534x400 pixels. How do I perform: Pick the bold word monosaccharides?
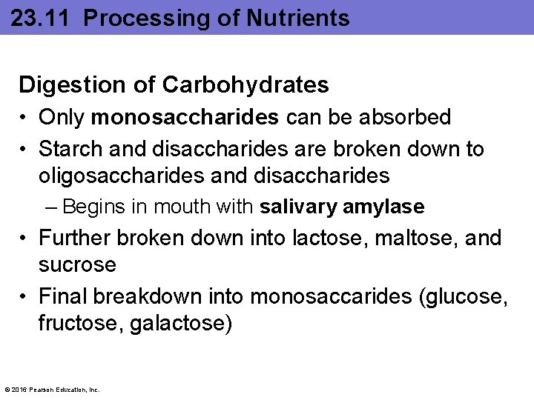[x=185, y=117]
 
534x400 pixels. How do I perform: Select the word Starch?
[x=71, y=149]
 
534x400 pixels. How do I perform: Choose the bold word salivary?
[x=299, y=207]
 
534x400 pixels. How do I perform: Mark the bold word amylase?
[x=383, y=207]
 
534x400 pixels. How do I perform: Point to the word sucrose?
[x=78, y=264]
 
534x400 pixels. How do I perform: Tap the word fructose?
[x=80, y=324]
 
